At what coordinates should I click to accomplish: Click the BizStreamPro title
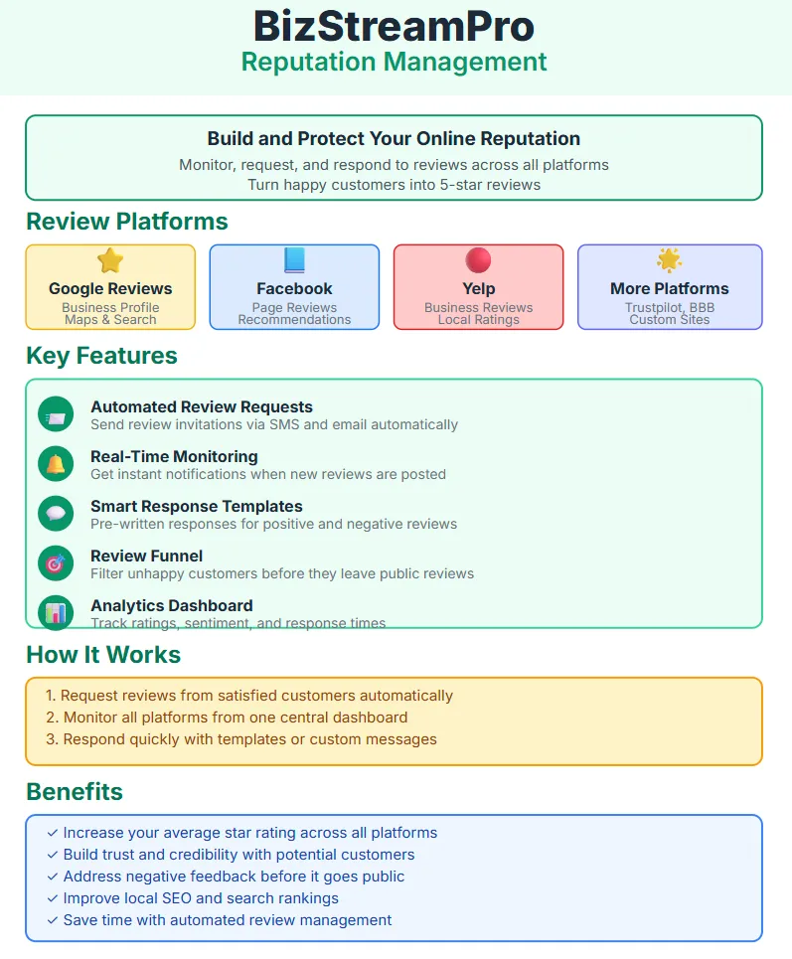[x=394, y=26]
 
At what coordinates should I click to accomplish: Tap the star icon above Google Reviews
[x=110, y=260]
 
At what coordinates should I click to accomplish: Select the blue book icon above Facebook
[x=294, y=260]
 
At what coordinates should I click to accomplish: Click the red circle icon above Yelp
[x=478, y=260]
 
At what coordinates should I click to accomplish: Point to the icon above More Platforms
[x=669, y=260]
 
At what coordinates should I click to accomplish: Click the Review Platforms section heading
[x=126, y=222]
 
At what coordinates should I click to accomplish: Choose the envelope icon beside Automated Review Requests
[x=56, y=414]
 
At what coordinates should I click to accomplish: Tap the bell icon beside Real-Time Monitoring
[x=56, y=464]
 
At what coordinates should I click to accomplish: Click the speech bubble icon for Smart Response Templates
[x=56, y=514]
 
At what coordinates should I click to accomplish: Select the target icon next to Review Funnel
[x=56, y=563]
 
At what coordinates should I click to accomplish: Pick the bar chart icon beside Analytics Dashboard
[x=56, y=612]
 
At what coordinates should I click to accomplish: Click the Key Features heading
[x=101, y=356]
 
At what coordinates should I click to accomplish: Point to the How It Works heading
[x=103, y=655]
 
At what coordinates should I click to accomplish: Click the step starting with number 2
[x=227, y=717]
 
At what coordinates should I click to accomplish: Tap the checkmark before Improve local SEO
[x=53, y=897]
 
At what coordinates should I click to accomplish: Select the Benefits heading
[x=75, y=791]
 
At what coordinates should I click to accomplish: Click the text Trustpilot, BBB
[x=670, y=308]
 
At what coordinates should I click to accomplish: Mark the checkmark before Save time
[x=53, y=920]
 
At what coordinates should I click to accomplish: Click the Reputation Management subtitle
[x=394, y=62]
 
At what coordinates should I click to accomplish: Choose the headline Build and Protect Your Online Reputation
[x=394, y=139]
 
